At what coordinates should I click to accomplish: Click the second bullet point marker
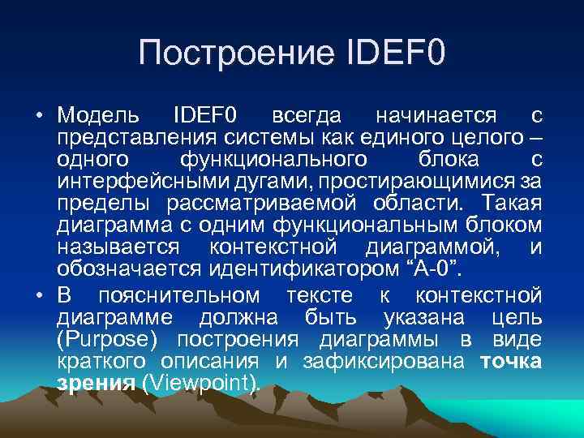[x=39, y=293]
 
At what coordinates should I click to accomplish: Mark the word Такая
[x=511, y=201]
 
